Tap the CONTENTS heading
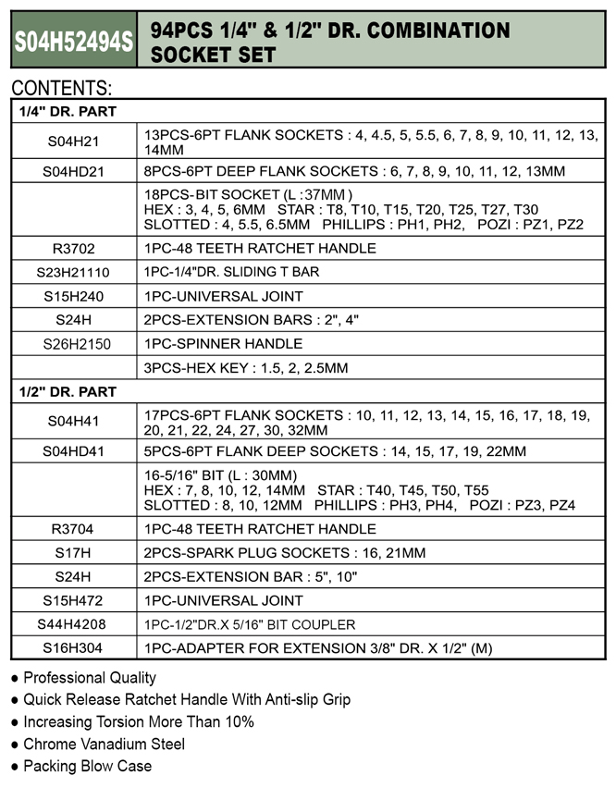(x=62, y=90)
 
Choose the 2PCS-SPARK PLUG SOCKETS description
(x=285, y=553)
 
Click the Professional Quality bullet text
(x=90, y=678)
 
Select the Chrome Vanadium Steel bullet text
(x=104, y=744)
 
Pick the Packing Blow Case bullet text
(x=88, y=766)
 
